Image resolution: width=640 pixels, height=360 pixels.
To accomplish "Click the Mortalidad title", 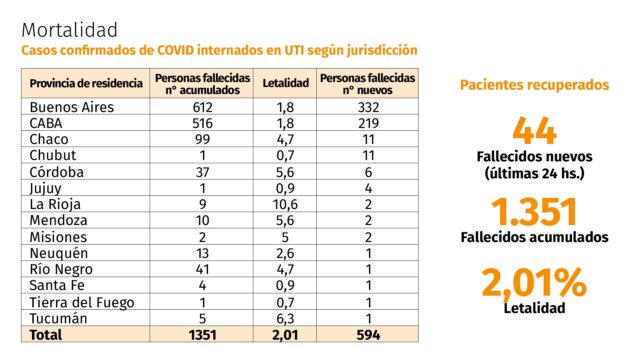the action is (69, 30).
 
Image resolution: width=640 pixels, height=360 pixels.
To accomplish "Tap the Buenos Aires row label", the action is (71, 107).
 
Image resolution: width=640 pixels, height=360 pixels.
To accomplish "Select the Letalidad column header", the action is (285, 83).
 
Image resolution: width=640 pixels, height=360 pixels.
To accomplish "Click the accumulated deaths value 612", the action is (202, 107).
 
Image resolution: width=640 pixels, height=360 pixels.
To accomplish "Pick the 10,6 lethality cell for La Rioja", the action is (285, 204).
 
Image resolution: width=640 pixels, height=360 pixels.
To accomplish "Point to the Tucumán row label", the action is (58, 318).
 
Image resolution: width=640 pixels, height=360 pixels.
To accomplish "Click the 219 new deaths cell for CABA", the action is (368, 123).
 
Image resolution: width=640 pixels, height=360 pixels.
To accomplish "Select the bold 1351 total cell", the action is (202, 335).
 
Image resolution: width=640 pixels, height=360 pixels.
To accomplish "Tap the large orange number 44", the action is (534, 131).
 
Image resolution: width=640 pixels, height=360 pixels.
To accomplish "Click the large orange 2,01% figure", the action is (534, 282).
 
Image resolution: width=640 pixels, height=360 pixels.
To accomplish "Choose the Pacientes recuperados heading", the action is (534, 85).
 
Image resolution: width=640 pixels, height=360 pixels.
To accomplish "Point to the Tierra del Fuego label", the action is (82, 302).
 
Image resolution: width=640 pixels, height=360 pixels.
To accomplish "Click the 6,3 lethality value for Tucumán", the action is (285, 318).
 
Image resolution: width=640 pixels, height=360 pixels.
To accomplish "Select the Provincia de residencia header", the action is (86, 83).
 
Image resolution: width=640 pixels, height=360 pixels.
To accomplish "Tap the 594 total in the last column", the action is (368, 335).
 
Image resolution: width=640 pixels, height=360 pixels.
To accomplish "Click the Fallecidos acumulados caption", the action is (534, 237).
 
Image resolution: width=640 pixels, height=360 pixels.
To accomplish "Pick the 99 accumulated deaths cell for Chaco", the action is (202, 139).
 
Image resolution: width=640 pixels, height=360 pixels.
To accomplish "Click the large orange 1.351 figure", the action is (534, 212).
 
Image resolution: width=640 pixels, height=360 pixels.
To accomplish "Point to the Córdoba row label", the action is (56, 172).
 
